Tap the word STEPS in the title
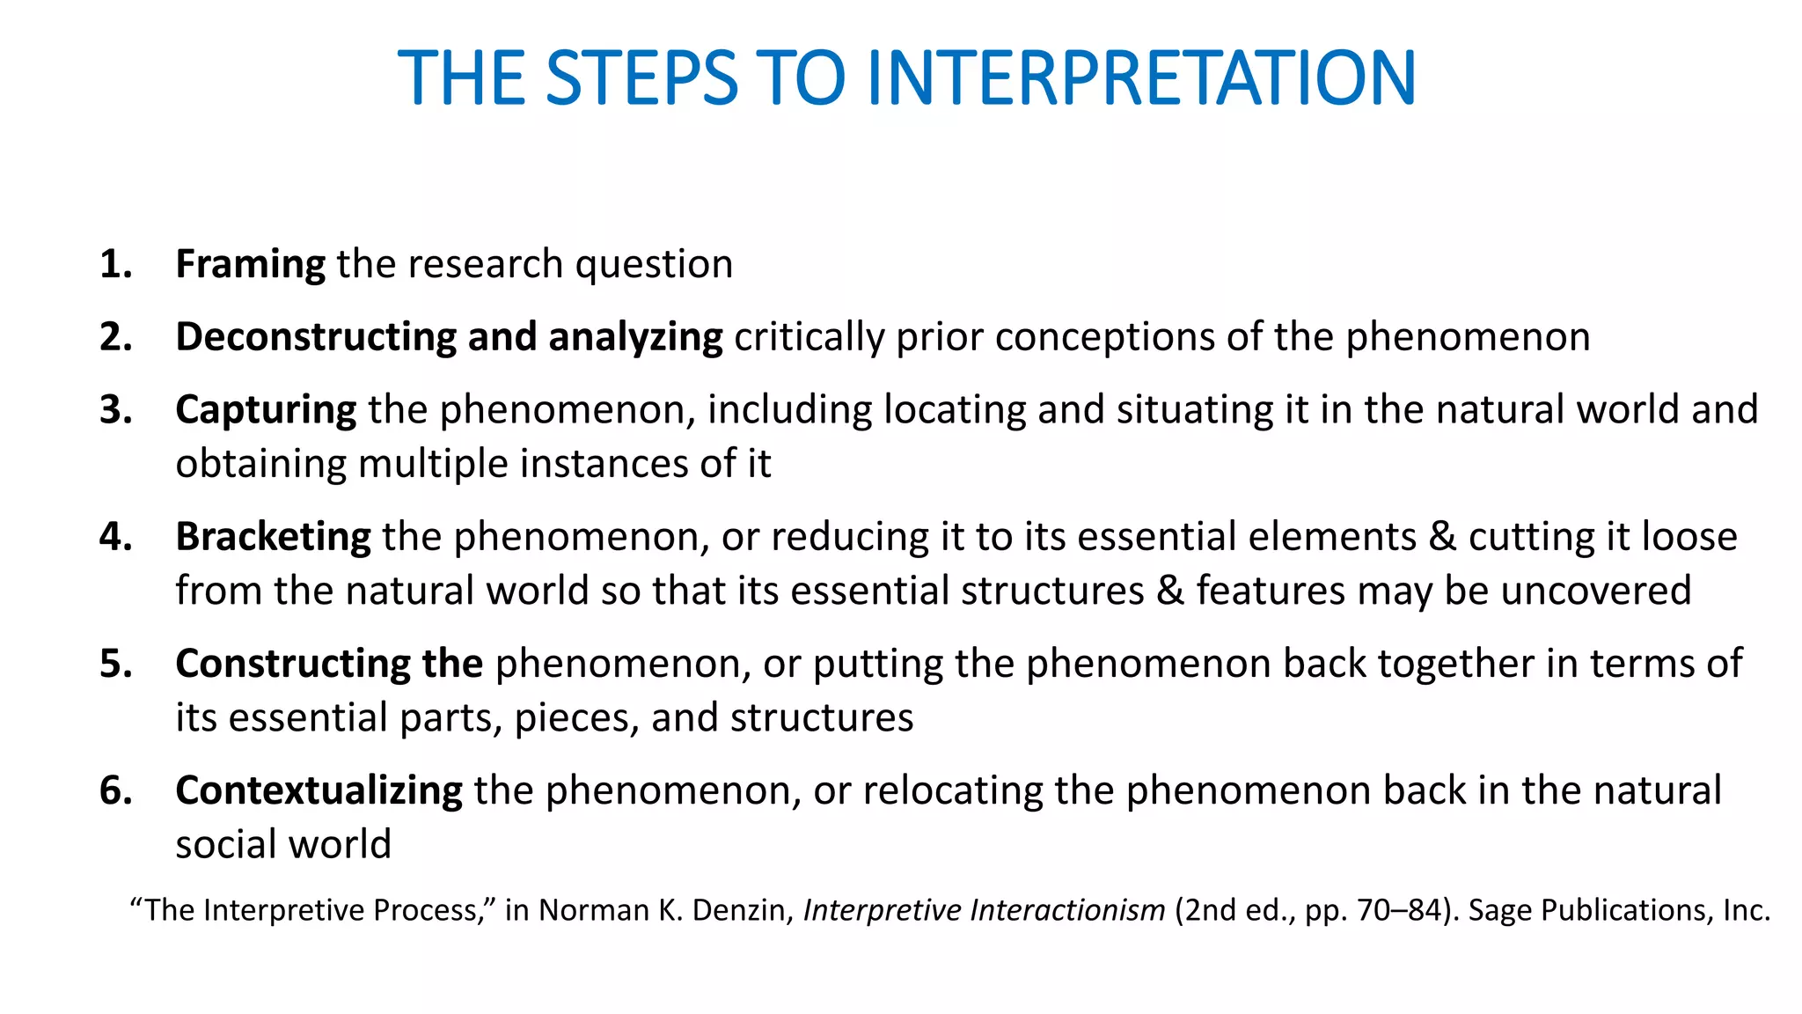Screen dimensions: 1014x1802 (x=641, y=78)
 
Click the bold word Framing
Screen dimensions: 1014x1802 (x=251, y=264)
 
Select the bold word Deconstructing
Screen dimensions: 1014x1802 (x=315, y=337)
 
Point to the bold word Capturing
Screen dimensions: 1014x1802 (x=266, y=410)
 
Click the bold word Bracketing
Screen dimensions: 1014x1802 (x=273, y=537)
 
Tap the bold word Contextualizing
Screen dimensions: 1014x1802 (x=319, y=790)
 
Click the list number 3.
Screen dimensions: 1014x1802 (x=115, y=410)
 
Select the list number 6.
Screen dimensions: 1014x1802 (x=115, y=790)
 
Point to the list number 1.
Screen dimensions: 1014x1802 (x=115, y=264)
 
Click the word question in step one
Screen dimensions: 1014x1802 (x=654, y=264)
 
